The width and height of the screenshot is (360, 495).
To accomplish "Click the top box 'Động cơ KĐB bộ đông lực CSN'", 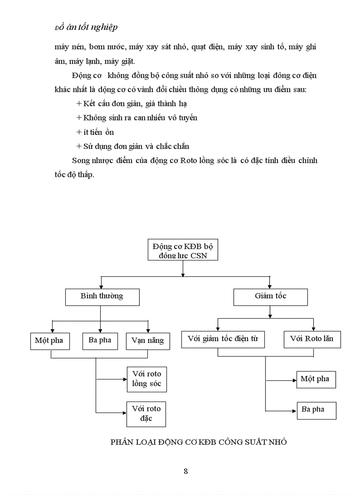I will coord(183,250).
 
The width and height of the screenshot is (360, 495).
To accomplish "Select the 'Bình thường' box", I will coord(102,297).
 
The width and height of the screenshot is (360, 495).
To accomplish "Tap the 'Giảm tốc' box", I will coord(270,297).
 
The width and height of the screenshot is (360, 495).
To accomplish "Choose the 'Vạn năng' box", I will coord(147,340).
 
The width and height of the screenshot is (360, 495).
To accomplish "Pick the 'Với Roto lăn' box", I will coord(312,339).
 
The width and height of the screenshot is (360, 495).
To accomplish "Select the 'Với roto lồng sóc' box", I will coord(146,379).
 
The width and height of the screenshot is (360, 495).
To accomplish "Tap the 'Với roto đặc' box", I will coord(146,413).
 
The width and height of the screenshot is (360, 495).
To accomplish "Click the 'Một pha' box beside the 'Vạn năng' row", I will coord(49,340).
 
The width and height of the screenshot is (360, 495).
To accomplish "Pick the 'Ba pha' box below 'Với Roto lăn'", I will coord(316,410).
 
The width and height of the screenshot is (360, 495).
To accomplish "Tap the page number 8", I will coord(186,471).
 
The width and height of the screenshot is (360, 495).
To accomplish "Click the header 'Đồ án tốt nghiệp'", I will coord(86,27).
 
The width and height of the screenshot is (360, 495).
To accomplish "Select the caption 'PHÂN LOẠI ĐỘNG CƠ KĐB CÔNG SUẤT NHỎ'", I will coord(198,442).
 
